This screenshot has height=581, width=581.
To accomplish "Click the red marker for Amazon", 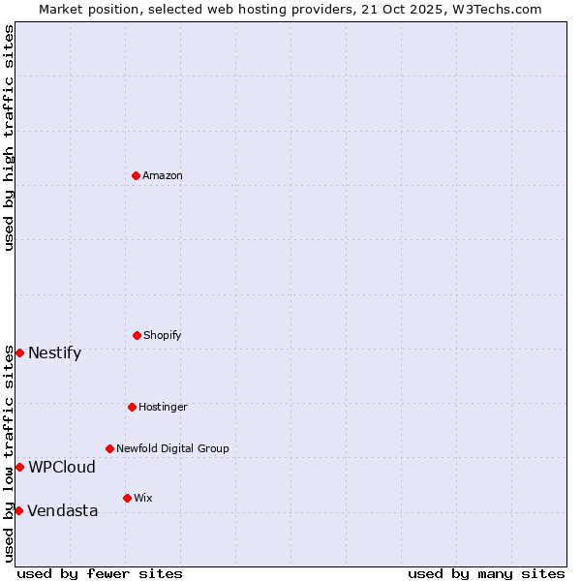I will click(136, 175).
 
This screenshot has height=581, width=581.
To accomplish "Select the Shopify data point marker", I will click(137, 335).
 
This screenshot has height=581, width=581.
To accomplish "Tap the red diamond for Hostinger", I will click(132, 407).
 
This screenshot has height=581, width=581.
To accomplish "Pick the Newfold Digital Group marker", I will click(109, 448).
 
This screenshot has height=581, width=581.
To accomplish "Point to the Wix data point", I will click(127, 498).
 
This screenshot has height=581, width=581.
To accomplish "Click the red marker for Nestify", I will click(19, 352).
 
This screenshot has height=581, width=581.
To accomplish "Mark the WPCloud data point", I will click(19, 467).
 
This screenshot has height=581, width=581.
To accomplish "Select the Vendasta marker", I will click(18, 510).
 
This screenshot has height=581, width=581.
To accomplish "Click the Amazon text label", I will click(163, 175).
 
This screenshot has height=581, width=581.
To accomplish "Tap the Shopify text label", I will click(163, 335).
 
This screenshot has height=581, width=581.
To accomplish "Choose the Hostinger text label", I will click(163, 407).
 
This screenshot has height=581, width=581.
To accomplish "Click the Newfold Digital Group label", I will click(172, 448).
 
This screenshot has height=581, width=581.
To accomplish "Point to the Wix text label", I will click(143, 498).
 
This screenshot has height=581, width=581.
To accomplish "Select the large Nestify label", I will click(54, 352).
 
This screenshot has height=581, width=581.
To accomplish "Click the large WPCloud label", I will click(62, 467).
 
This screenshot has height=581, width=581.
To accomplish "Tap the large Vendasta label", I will click(62, 510).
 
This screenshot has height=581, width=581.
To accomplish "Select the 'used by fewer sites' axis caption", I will click(100, 573).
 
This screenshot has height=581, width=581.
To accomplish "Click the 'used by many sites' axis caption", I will click(486, 573).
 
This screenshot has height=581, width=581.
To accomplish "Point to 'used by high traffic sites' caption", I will click(9, 138).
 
